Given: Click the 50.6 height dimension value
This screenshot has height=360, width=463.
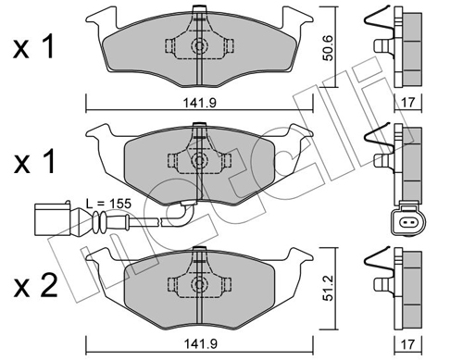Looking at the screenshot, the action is (328, 48).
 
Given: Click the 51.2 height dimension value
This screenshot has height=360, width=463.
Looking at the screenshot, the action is (329, 289).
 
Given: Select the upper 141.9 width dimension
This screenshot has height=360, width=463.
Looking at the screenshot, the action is (200, 103).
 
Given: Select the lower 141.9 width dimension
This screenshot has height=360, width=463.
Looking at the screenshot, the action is (200, 344).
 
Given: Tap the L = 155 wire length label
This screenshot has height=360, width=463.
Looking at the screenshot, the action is (108, 204).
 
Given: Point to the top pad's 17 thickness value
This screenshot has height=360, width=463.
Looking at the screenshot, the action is (408, 103).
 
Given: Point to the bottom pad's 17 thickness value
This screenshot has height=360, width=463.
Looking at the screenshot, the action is (408, 344).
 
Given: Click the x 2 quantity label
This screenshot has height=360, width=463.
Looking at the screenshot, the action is (35, 286).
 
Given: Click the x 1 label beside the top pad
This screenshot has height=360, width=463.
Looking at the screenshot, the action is (33, 47).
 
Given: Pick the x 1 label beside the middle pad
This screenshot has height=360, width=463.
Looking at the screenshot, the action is (33, 161).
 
